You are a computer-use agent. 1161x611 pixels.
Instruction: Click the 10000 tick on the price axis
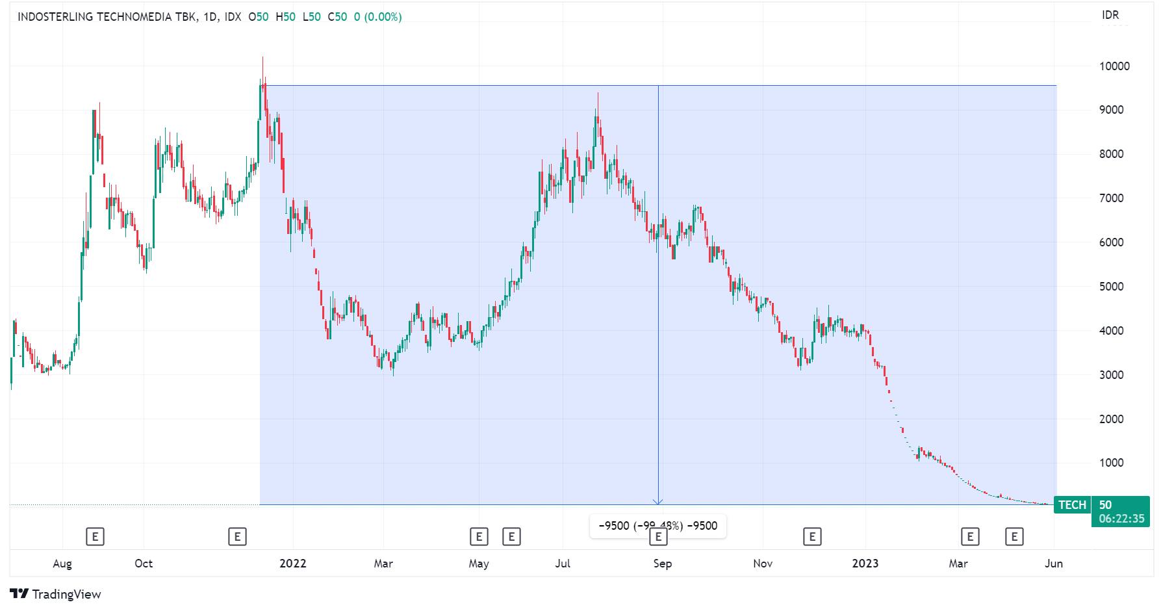pos(1114,66)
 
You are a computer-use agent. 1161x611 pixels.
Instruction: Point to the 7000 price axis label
pos(1111,198)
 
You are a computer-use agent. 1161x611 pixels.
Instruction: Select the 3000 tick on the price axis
pos(1111,375)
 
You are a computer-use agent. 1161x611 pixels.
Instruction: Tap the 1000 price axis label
pos(1111,463)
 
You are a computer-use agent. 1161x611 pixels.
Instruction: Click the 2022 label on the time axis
pos(292,564)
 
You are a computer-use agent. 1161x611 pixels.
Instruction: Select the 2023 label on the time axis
pos(865,564)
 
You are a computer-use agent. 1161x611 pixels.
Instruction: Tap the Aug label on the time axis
pos(62,564)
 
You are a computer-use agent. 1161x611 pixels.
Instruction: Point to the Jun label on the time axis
pos(1053,564)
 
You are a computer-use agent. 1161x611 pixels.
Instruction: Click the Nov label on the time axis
pos(763,564)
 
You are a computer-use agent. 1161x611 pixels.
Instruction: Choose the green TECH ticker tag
pos(1072,505)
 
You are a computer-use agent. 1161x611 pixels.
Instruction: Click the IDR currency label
pos(1110,15)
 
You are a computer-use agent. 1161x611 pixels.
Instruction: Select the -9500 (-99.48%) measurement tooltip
pos(657,526)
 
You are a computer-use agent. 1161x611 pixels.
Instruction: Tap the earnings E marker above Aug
pos(95,537)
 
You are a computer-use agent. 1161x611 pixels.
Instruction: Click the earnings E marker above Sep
pos(658,537)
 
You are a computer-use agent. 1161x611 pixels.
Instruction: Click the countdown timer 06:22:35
pos(1121,519)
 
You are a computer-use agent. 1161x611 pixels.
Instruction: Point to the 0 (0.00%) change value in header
pos(377,17)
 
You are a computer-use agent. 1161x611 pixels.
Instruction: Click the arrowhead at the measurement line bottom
pos(658,502)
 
